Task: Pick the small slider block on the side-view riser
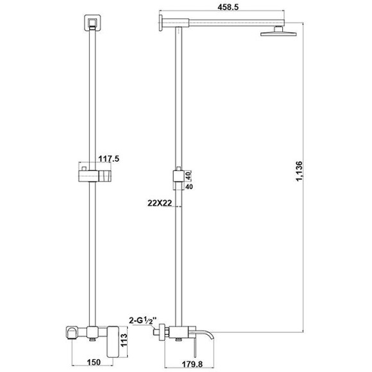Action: pyautogui.click(x=176, y=176)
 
